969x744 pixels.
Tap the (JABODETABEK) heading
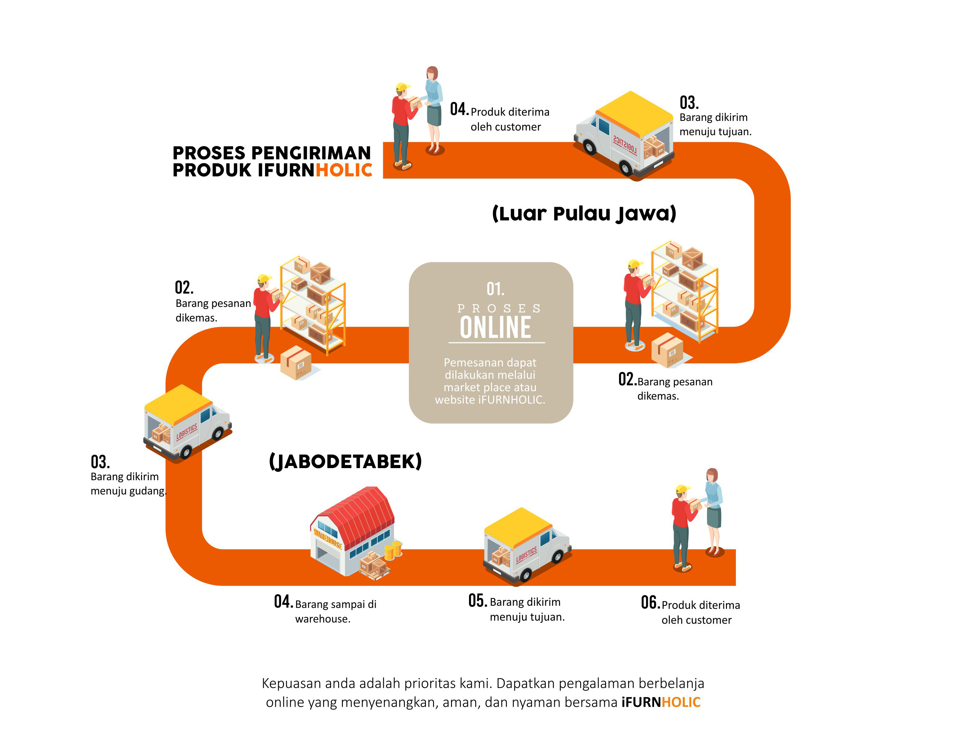(x=345, y=462)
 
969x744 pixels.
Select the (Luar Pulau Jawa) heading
(x=584, y=214)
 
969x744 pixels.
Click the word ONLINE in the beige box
(x=495, y=327)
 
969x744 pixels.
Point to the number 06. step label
(x=650, y=602)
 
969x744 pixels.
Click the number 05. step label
(x=477, y=600)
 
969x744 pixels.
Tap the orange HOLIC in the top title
(x=344, y=170)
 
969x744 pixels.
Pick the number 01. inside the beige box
(x=495, y=289)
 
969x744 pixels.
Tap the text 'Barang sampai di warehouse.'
(x=336, y=612)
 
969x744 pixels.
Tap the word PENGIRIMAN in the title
(x=311, y=153)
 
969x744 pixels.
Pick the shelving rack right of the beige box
(x=684, y=291)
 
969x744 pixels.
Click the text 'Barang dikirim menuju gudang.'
(x=128, y=484)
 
